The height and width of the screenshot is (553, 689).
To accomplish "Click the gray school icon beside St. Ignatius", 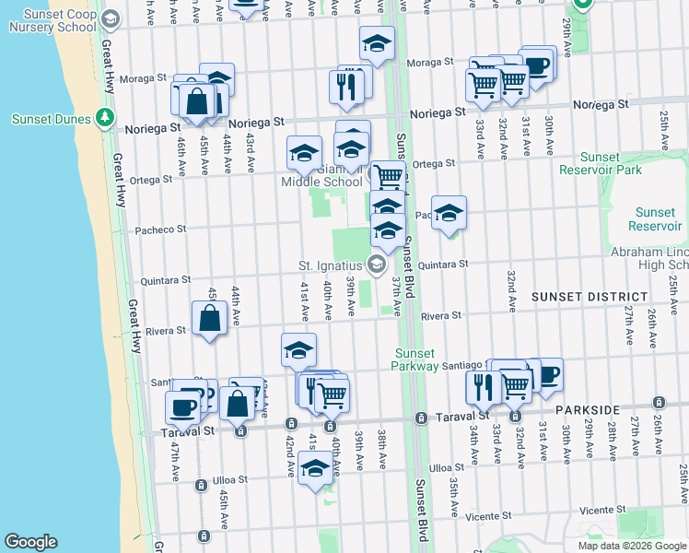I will click(376, 265).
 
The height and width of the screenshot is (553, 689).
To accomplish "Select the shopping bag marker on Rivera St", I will click(210, 319).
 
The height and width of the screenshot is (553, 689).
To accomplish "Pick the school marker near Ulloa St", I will click(315, 470).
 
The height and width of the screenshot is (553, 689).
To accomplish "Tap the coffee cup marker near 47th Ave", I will click(182, 406).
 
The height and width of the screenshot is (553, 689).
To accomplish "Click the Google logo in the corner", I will click(30, 542).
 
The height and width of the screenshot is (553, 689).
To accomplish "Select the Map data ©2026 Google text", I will click(632, 546).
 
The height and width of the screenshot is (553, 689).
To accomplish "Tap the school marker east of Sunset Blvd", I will click(449, 214).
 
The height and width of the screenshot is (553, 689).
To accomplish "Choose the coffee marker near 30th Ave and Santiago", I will click(546, 374).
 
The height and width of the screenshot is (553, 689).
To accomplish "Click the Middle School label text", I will click(321, 182).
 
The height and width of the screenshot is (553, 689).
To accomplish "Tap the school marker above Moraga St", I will click(377, 43).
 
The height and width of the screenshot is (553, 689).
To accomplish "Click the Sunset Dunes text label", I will click(51, 119).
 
